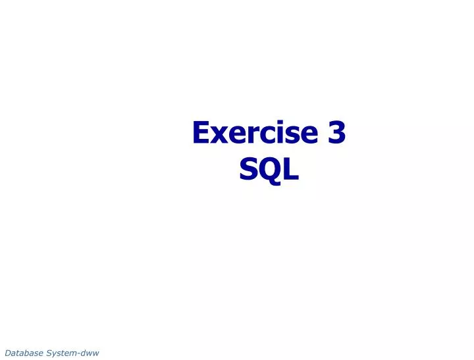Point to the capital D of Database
click(7, 353)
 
